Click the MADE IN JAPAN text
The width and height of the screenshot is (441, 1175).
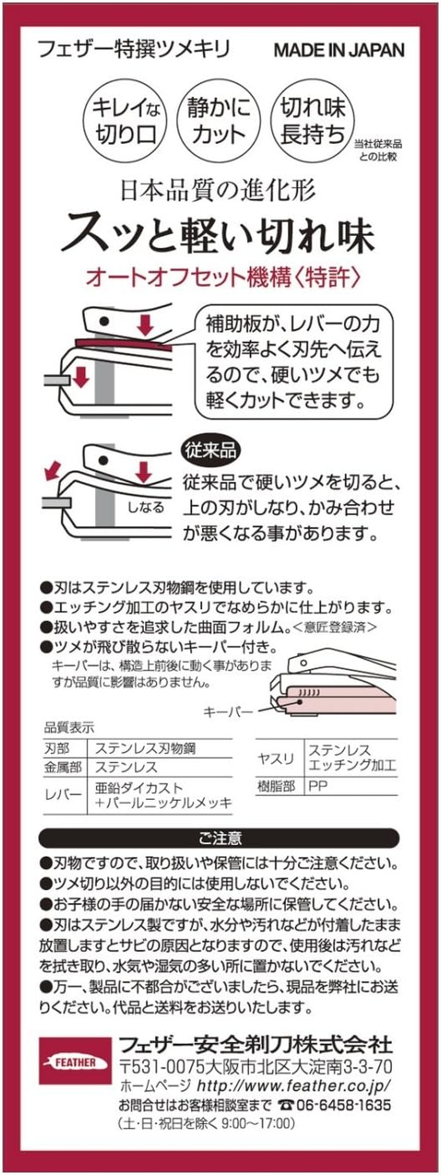coord(339,50)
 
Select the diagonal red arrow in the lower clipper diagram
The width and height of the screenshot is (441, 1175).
coord(52,471)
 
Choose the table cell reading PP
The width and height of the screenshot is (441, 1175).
coord(318,786)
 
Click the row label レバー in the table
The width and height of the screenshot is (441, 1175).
coord(63,794)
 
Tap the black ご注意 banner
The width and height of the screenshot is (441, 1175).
coord(219,838)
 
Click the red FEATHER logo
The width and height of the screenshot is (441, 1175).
coord(75,1061)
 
